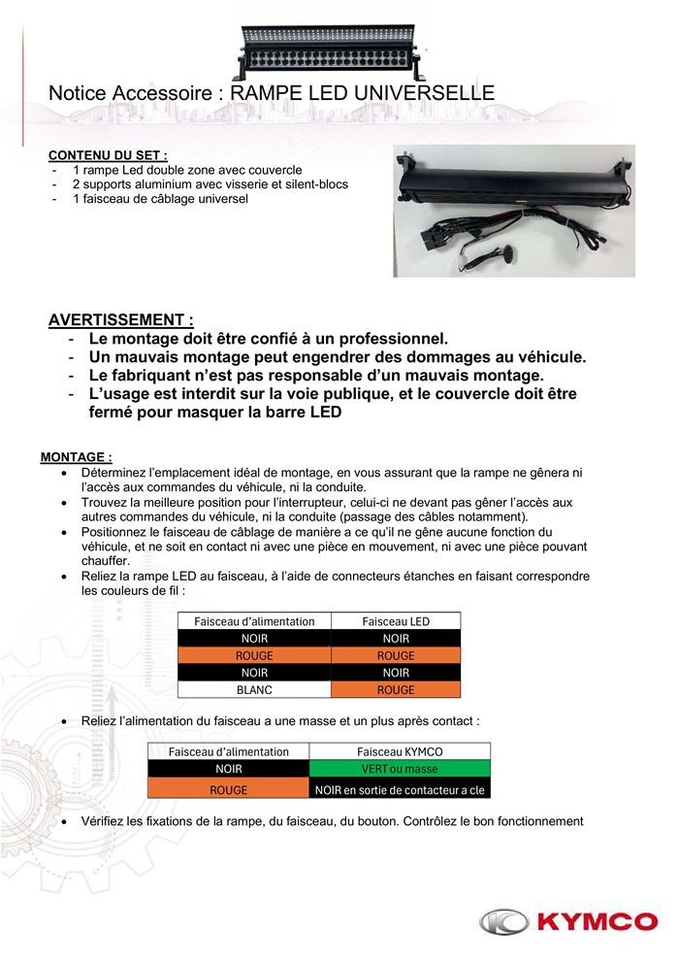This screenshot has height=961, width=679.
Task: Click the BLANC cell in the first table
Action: tap(254, 690)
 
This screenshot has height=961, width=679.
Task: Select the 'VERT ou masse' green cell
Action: tap(401, 769)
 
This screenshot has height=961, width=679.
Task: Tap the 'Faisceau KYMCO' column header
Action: tap(401, 751)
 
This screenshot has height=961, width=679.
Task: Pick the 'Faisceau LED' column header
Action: tap(396, 621)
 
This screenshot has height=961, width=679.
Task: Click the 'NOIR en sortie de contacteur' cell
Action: tap(401, 789)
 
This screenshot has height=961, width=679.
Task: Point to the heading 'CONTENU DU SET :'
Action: tap(108, 155)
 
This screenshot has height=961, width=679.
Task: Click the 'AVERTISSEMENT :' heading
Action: tap(120, 320)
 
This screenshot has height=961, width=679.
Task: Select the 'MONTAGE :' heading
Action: tap(76, 456)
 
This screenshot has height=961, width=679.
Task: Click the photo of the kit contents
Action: tap(513, 211)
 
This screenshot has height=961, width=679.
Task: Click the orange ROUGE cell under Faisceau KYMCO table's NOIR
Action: tap(228, 789)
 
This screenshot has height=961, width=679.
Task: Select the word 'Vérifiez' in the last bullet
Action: tap(104, 820)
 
